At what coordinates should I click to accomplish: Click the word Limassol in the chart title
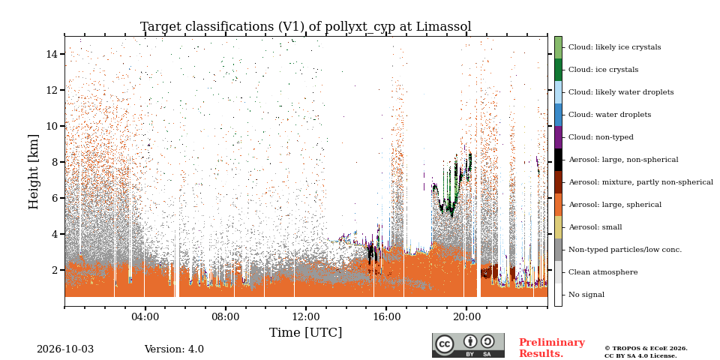click(x=443, y=27)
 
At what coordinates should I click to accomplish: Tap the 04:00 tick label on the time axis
click(x=145, y=316)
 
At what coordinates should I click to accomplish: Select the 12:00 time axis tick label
click(x=306, y=316)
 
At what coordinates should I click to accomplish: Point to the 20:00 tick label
click(x=466, y=316)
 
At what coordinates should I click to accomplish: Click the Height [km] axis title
click(x=34, y=172)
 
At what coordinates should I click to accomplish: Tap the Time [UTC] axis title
click(x=306, y=332)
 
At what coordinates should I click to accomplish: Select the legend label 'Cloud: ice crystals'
click(x=603, y=70)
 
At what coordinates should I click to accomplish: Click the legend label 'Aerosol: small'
click(x=595, y=227)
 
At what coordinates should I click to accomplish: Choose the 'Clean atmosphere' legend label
click(x=603, y=272)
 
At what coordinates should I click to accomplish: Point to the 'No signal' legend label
click(x=586, y=295)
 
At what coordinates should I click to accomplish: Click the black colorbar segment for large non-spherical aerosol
click(x=558, y=160)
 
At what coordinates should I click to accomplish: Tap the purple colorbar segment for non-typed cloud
click(x=558, y=137)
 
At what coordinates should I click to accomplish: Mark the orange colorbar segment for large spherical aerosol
click(x=558, y=205)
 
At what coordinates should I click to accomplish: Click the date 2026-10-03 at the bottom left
click(x=65, y=349)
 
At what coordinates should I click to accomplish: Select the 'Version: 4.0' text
click(x=174, y=349)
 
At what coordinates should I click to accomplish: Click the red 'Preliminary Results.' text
click(x=552, y=348)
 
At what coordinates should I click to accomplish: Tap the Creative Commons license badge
click(x=468, y=345)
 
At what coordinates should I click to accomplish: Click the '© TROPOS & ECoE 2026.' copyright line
click(x=646, y=349)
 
